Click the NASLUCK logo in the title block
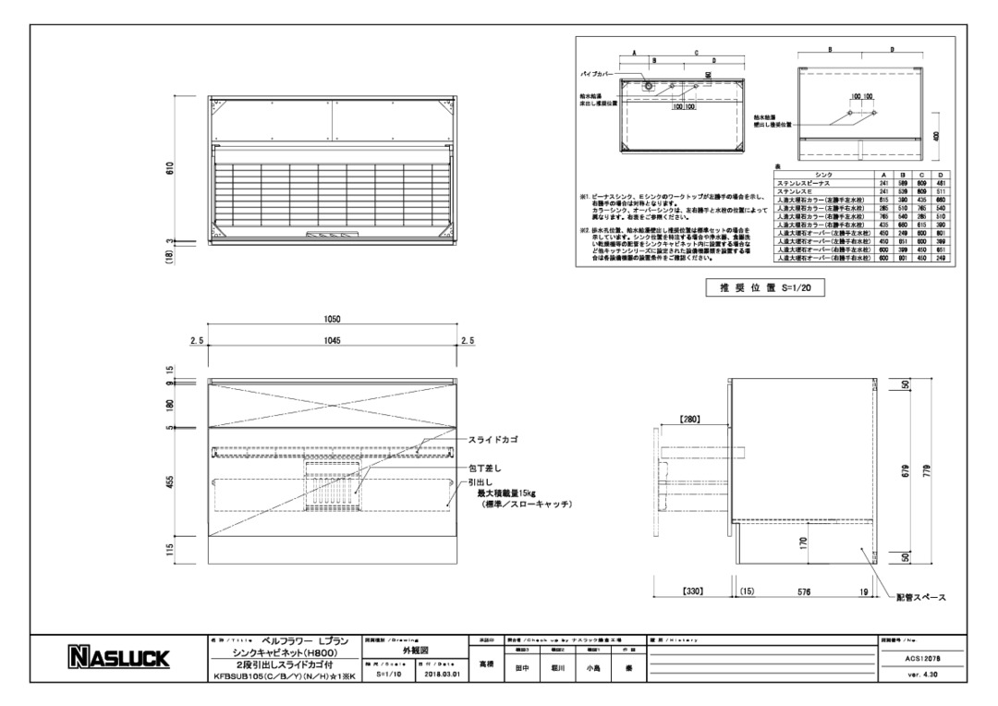(117, 658)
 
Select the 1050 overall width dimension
(333, 319)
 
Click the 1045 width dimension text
(333, 341)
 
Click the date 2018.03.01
(439, 675)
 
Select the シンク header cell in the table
(824, 175)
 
